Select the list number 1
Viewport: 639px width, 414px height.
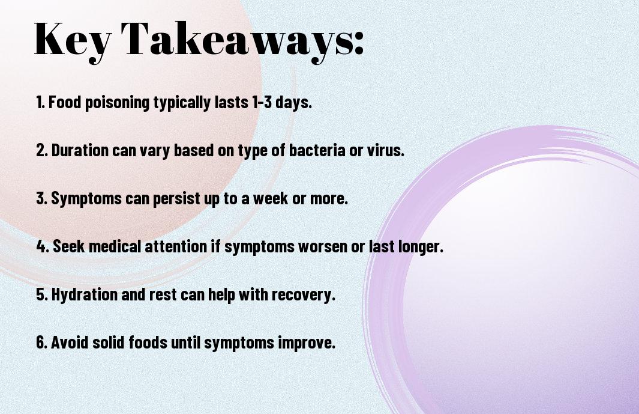point(40,102)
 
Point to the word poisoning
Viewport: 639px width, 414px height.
point(118,103)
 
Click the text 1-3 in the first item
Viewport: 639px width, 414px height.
point(262,102)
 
